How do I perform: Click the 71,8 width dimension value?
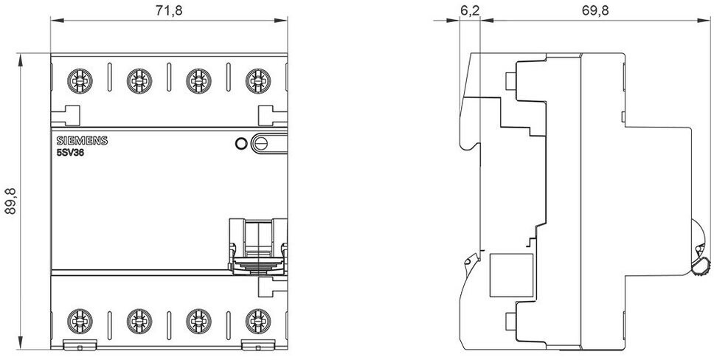pos(169,11)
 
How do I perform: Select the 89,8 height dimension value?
pos(10,201)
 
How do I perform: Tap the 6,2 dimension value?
pos(469,11)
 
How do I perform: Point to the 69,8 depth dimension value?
pos(595,11)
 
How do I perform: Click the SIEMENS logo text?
pos(82,140)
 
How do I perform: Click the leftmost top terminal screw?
pos(80,81)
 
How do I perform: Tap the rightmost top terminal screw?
pos(258,81)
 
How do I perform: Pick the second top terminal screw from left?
pos(139,81)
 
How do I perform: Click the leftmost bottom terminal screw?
pos(80,321)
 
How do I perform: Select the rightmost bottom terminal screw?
pos(258,321)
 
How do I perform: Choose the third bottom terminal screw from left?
pos(198,321)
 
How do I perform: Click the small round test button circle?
pos(241,144)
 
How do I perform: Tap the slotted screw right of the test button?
pos(261,144)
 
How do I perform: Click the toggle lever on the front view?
pos(258,247)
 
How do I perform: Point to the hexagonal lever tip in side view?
pos(701,266)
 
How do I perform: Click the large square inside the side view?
pos(511,275)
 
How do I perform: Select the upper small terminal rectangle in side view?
pos(510,80)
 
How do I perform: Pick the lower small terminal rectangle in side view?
pos(510,321)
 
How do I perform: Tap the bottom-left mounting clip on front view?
pos(80,345)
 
